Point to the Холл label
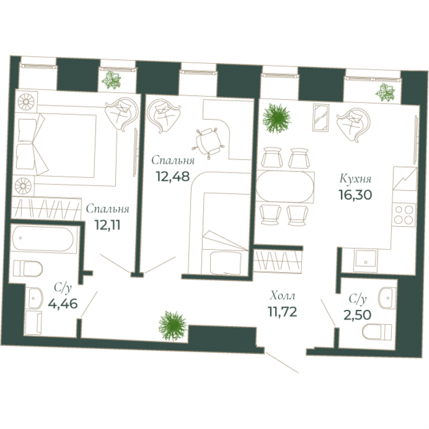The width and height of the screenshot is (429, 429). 282,295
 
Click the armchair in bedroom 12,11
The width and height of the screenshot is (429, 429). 120,114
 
